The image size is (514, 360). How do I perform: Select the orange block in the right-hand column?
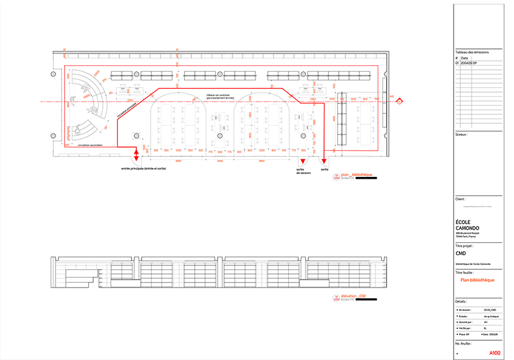click(x=478, y=280)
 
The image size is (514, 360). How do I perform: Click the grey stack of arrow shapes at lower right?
click(x=479, y=317)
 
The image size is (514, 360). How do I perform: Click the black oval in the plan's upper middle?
click(x=219, y=95)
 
